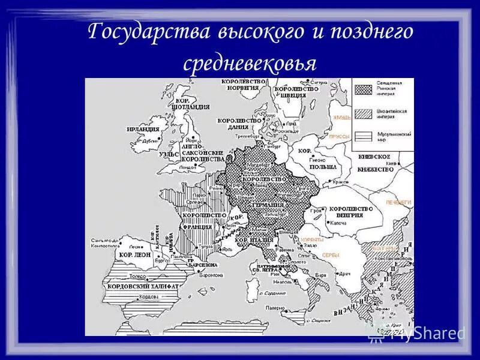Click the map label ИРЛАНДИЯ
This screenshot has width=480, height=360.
click(x=143, y=129)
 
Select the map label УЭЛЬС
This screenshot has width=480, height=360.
click(x=169, y=154)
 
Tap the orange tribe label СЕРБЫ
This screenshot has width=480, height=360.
click(x=331, y=255)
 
